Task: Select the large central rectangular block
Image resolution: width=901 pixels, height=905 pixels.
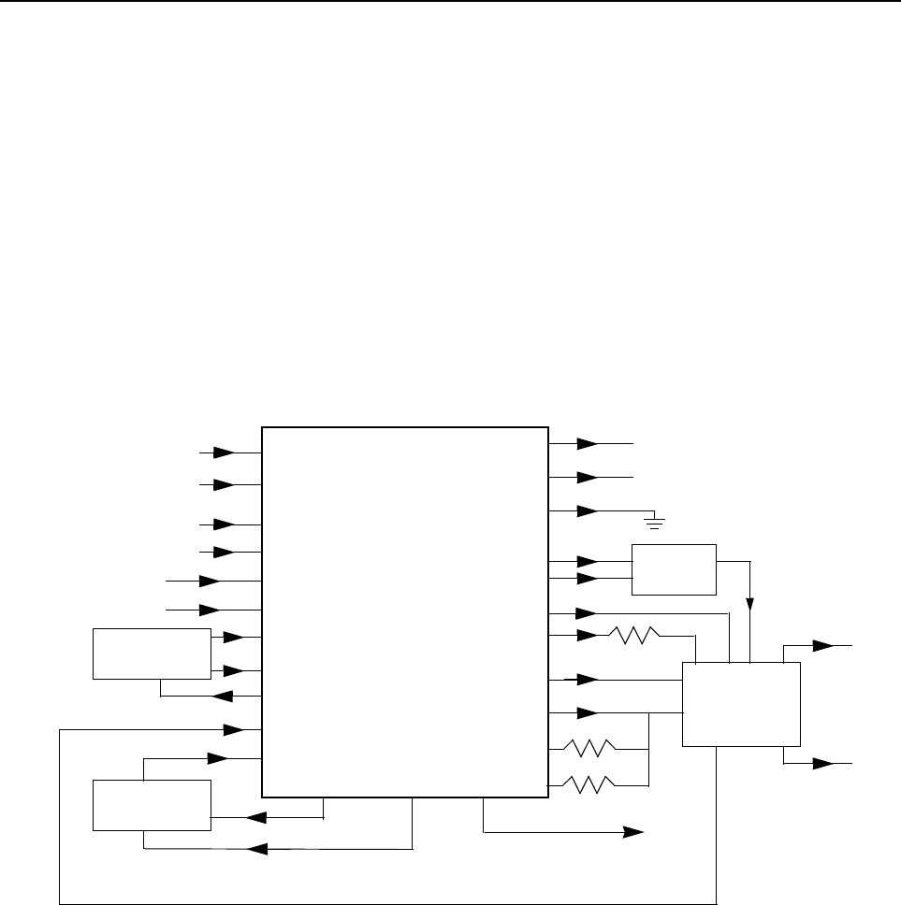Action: point(404,611)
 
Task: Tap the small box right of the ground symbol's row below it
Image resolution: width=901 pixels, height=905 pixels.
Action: point(674,568)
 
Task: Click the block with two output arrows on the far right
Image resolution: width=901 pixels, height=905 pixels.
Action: point(741,703)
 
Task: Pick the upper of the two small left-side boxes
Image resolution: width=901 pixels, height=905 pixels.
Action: point(152,654)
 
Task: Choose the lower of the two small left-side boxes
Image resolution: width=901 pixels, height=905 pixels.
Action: point(152,804)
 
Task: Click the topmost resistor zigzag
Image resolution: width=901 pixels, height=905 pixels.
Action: point(633,636)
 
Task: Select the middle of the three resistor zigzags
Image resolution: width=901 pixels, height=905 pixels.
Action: point(588,748)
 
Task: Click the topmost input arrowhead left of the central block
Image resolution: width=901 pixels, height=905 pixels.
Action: point(225,452)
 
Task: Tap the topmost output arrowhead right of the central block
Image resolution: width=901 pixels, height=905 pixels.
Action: point(588,443)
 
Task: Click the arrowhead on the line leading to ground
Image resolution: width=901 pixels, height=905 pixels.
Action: point(588,511)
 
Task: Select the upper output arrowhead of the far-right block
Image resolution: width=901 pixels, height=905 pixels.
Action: point(822,645)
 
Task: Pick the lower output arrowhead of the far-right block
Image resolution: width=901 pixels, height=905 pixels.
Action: point(822,763)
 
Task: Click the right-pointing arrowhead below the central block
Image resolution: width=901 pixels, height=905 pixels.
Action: point(635,831)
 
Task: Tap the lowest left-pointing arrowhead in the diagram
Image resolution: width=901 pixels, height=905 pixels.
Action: point(255,849)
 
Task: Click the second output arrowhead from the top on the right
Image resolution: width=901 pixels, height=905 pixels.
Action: point(588,477)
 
